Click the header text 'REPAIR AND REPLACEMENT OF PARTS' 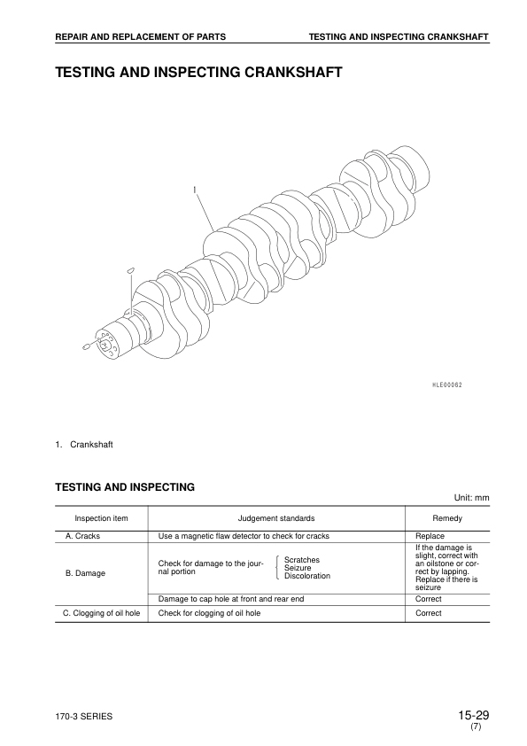(x=140, y=36)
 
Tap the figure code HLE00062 (x=448, y=385)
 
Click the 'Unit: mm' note (x=471, y=498)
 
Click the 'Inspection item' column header (x=102, y=517)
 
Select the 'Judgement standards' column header (x=276, y=517)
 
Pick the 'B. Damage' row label (x=86, y=573)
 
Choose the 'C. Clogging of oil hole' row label (x=99, y=612)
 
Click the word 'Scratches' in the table (x=302, y=560)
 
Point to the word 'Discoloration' (x=307, y=576)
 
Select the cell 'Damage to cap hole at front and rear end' (x=230, y=599)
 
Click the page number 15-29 (x=474, y=714)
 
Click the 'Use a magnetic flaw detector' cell (x=244, y=537)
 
